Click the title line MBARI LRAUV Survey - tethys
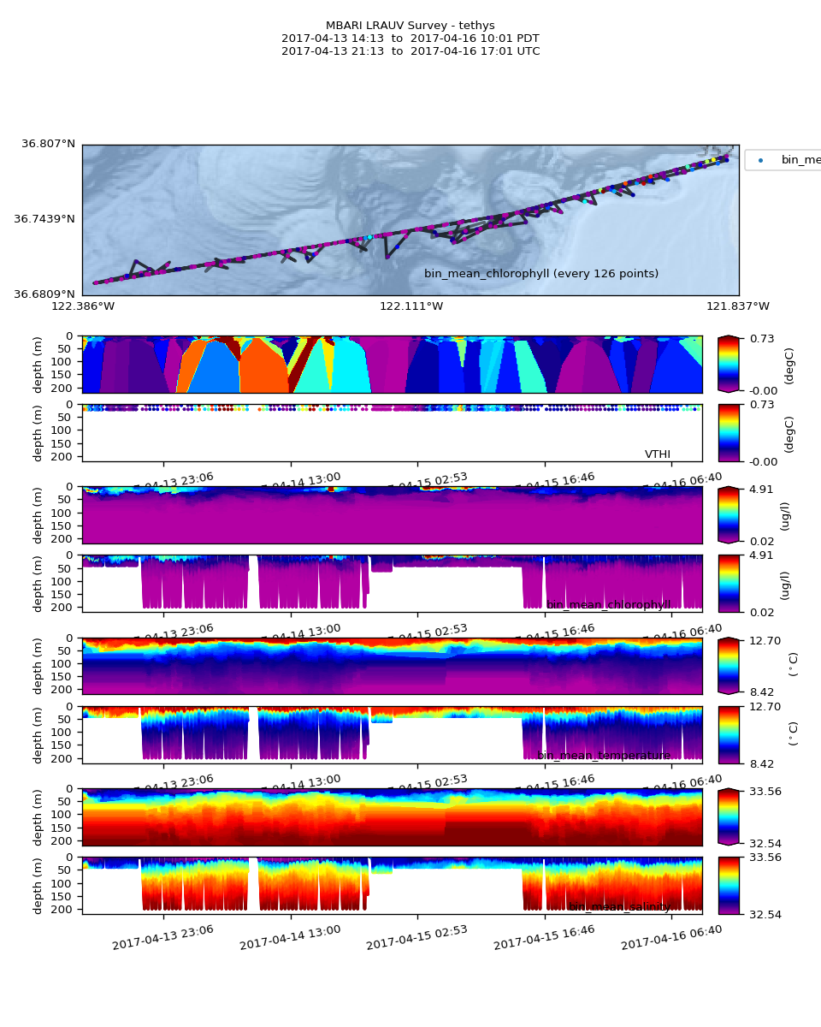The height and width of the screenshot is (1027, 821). pos(410,26)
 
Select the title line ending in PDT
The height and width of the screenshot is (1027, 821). pos(410,39)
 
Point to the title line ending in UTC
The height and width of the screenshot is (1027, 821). pos(410,51)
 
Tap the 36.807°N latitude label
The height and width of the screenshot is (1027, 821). pos(48,144)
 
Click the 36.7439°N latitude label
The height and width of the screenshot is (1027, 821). pos(44,219)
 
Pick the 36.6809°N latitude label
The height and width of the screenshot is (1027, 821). pos(44,294)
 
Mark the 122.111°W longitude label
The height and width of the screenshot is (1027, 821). pos(411,306)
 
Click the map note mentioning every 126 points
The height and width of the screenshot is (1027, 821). pos(541,274)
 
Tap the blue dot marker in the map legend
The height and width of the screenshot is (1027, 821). pos(761,160)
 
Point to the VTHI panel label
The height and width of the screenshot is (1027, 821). pos(658,454)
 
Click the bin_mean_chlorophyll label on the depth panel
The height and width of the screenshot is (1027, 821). pos(608,605)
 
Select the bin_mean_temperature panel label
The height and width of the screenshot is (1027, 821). pos(604,756)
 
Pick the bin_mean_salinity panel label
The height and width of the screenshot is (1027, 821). pos(619,906)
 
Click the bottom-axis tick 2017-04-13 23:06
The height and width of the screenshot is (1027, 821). pos(162,938)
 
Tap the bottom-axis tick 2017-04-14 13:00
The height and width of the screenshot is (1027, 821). pos(290,938)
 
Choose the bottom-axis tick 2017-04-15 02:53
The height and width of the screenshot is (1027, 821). pos(416,938)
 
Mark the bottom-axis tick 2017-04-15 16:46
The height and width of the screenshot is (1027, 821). pos(544,938)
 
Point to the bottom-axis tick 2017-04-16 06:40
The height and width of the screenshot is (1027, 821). pos(671,938)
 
